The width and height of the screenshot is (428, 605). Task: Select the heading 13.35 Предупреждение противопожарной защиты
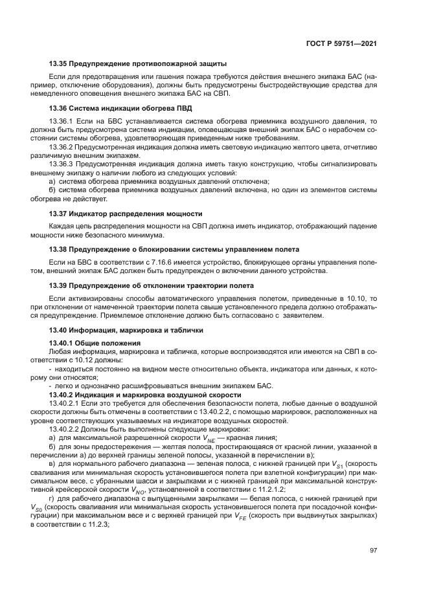point(137,63)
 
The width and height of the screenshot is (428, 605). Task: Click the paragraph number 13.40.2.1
point(65,403)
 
